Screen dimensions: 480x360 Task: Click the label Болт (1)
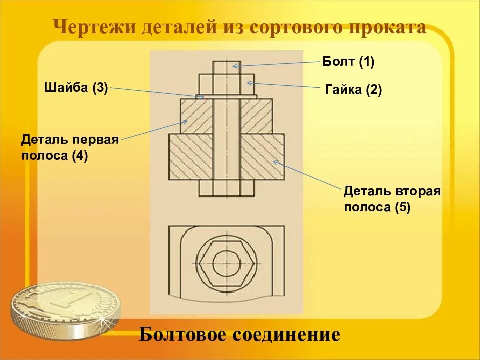[x=348, y=62]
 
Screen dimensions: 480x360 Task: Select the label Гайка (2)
[x=353, y=90]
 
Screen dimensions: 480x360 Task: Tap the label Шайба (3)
[x=76, y=88]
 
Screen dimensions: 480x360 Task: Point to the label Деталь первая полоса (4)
[x=70, y=147]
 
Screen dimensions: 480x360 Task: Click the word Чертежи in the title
[x=95, y=27]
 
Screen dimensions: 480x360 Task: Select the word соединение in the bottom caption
[x=284, y=334]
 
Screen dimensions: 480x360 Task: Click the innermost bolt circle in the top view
[x=226, y=262]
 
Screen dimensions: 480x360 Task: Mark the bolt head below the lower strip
[x=226, y=188]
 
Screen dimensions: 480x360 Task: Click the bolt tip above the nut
[x=226, y=68]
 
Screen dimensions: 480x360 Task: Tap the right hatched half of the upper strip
[x=256, y=116]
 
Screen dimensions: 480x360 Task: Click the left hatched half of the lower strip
[x=190, y=157]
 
